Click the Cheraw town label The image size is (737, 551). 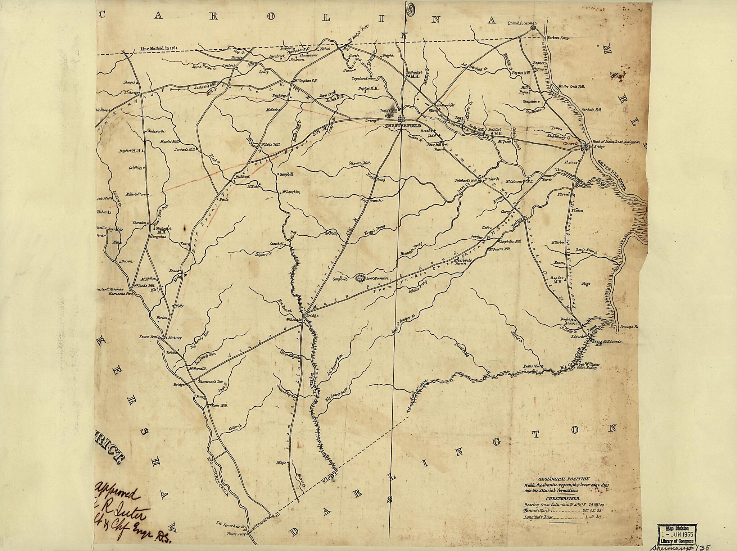click(x=571, y=144)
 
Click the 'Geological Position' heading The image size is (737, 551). click(x=564, y=479)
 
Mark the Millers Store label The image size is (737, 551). click(x=135, y=194)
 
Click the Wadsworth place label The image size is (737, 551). click(x=155, y=131)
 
